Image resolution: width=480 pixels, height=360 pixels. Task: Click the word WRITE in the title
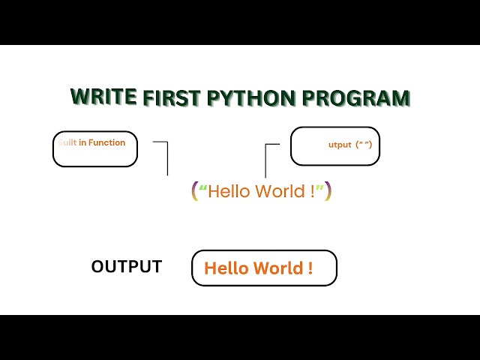coord(103,95)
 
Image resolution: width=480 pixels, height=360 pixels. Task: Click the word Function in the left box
coord(107,142)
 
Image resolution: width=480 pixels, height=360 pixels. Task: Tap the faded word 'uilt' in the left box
coord(67,142)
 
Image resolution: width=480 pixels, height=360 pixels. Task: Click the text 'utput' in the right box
coord(340,145)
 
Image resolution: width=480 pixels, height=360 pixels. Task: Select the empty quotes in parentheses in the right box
coord(363,145)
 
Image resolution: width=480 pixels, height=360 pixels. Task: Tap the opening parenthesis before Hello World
coord(194,191)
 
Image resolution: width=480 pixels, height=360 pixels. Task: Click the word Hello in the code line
coord(229,191)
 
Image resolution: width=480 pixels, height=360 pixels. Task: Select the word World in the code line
coord(280,191)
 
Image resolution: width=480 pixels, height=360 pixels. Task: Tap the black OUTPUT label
coord(126,267)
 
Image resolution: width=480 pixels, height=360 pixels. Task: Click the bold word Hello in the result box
coord(226,268)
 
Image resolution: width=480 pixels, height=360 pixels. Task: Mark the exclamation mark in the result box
coord(310,268)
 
